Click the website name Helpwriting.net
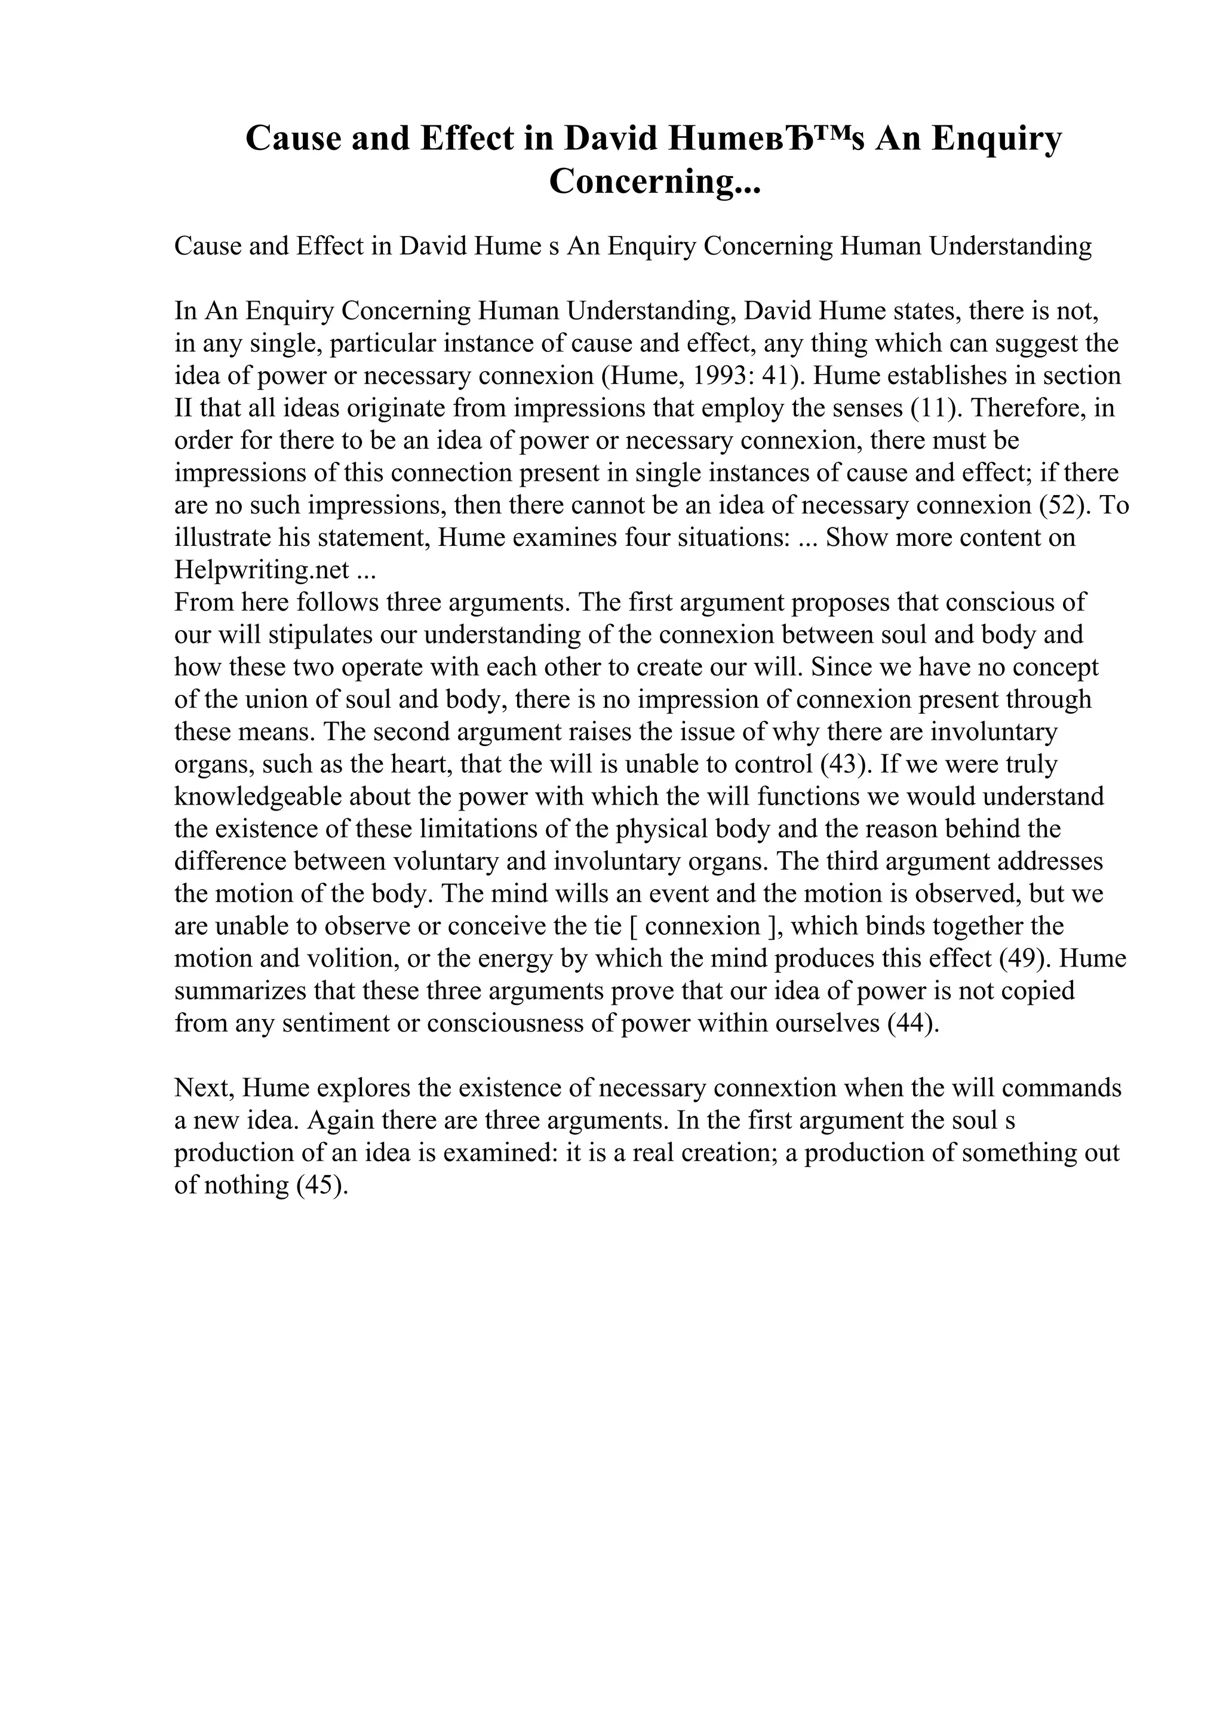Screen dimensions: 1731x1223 point(262,570)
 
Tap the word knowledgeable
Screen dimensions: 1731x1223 point(258,797)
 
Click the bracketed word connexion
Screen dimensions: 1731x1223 point(703,926)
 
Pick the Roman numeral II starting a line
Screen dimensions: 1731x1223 point(183,408)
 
